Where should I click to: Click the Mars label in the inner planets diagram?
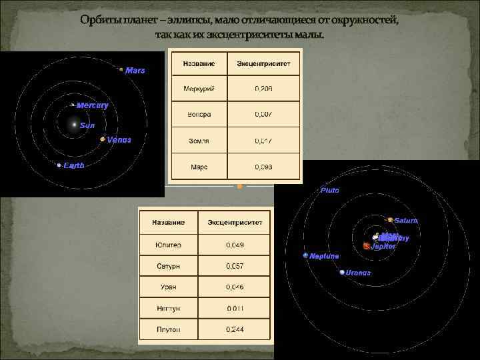click(135, 71)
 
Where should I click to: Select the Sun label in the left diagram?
click(87, 125)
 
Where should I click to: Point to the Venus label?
click(119, 140)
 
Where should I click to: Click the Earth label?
click(74, 165)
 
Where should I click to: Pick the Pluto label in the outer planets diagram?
click(330, 191)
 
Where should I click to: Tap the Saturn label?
click(406, 221)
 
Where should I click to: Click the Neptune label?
click(324, 256)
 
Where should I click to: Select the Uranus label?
click(358, 273)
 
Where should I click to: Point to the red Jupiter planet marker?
click(366, 246)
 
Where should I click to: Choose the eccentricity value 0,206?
click(264, 88)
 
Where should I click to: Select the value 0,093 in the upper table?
click(264, 167)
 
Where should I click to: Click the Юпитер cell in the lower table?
click(168, 245)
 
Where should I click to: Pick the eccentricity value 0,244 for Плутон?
click(235, 329)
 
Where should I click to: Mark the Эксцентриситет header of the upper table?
click(264, 65)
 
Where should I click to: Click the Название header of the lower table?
click(168, 222)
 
